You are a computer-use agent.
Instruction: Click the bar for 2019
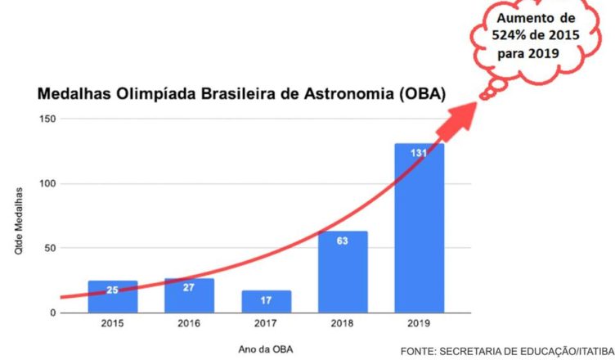click(x=419, y=229)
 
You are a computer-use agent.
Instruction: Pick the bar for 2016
click(x=189, y=295)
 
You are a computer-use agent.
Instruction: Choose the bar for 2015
click(x=112, y=297)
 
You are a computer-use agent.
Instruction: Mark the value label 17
click(x=266, y=300)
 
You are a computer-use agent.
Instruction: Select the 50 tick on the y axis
click(x=48, y=249)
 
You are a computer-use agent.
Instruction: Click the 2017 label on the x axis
click(x=266, y=325)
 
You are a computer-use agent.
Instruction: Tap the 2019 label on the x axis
click(x=419, y=325)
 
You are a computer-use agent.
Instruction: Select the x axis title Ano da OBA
click(x=266, y=349)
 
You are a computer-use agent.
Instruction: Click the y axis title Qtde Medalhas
click(x=17, y=221)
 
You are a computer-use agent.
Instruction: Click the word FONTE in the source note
click(x=418, y=351)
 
